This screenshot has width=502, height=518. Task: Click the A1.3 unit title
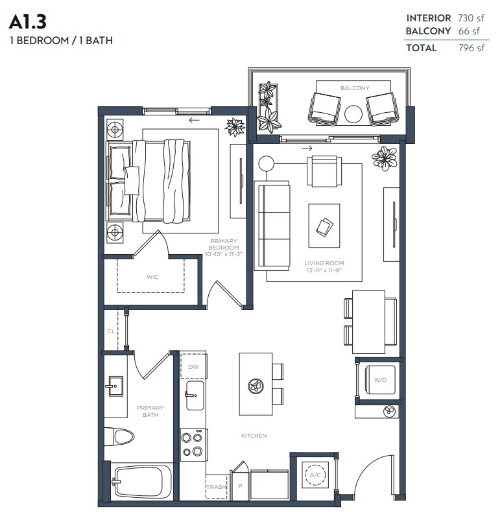pos(28,22)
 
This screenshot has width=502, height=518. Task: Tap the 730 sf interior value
pos(471,18)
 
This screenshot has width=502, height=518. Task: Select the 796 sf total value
pos(471,47)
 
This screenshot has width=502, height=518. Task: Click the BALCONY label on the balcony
pos(355,88)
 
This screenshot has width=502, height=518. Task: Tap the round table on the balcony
pos(353,114)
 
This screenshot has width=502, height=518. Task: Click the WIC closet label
pos(152,277)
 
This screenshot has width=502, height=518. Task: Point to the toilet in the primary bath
pos(119,437)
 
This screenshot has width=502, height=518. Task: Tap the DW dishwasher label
pos(193,367)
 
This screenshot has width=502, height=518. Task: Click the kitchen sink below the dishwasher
pos(195,395)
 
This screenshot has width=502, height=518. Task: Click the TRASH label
pos(217,487)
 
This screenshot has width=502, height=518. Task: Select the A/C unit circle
pos(315,475)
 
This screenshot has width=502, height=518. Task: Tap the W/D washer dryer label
pos(380,380)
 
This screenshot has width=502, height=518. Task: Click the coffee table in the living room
pos(324,226)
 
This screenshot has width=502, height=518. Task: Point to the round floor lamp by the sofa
pos(267,163)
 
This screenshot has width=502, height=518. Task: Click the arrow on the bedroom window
pos(194,120)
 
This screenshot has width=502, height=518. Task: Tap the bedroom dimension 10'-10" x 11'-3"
pos(224,254)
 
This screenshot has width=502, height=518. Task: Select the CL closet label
pos(111,331)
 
